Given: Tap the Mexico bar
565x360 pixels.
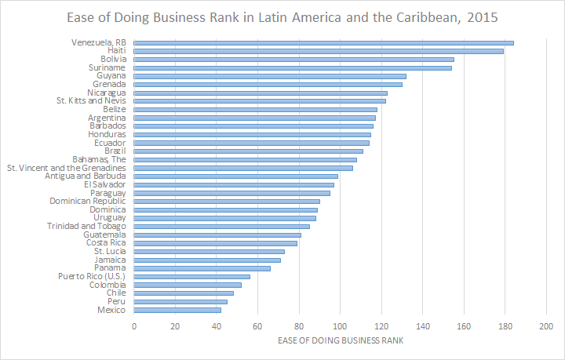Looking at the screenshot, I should (177, 310).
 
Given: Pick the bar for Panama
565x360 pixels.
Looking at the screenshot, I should (202, 268).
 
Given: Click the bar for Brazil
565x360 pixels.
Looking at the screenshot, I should (249, 151).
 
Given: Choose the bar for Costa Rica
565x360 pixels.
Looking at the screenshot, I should (216, 243).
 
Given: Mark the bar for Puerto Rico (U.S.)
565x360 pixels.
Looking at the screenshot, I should (192, 276).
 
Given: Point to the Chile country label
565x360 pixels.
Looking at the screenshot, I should (116, 293).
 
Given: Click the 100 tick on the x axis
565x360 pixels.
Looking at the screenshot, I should (340, 326).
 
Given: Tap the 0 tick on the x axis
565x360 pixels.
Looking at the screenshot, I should (134, 326).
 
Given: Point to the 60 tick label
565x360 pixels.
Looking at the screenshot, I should (258, 326).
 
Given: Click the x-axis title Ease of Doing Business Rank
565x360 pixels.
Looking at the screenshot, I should (340, 341).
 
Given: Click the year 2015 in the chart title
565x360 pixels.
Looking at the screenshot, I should (482, 16).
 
